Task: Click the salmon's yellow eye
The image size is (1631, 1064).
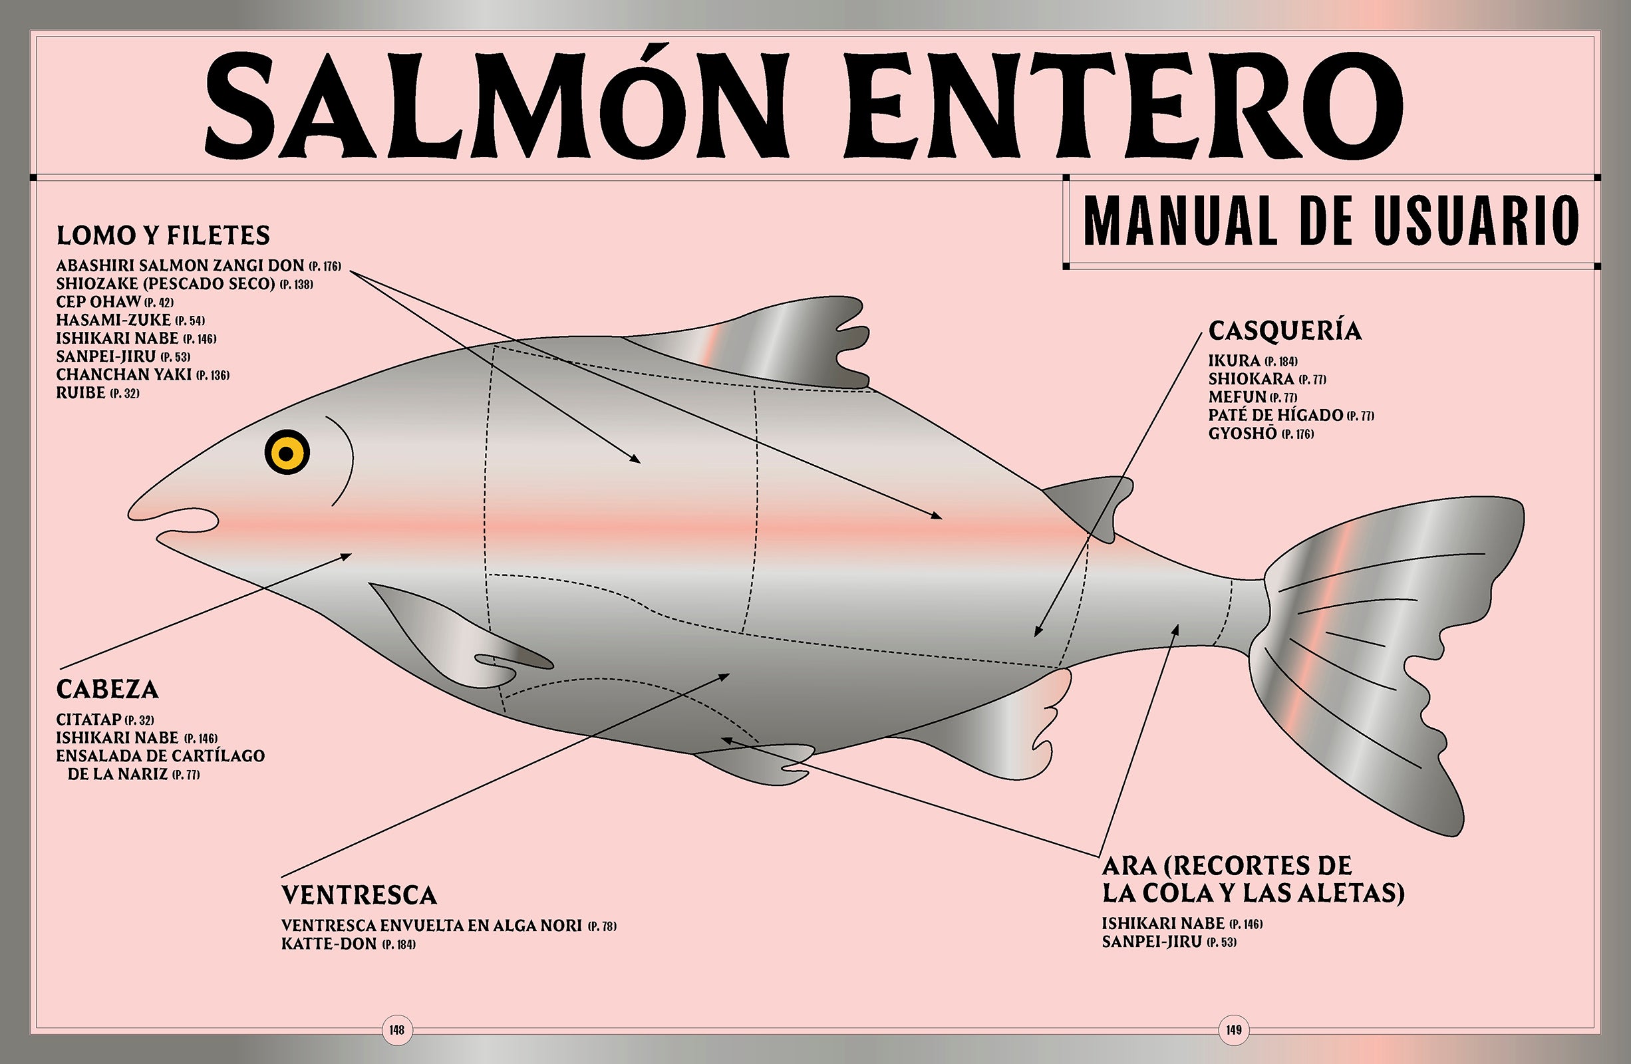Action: [287, 452]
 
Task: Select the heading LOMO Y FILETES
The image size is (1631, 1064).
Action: [163, 235]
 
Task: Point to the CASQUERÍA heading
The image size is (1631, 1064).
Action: [1285, 331]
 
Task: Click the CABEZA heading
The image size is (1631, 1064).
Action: [108, 689]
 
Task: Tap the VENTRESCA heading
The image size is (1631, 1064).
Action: [359, 895]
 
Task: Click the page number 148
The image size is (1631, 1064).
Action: [397, 1029]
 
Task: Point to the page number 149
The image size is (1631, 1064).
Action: [1234, 1029]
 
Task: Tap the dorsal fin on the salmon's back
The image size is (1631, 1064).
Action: [747, 342]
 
